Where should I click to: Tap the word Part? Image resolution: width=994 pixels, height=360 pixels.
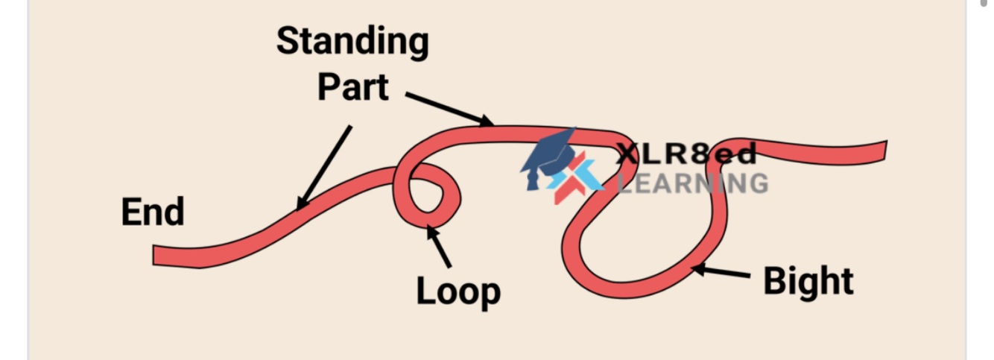coord(352,88)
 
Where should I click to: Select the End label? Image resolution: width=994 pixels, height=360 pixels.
coord(152,212)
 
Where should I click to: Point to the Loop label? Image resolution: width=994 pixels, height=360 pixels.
coord(458,291)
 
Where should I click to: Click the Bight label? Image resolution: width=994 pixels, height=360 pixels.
coord(808,282)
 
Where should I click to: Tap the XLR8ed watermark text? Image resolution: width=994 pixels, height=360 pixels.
coord(686,154)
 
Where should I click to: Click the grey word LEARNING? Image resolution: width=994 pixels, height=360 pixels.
coord(693,183)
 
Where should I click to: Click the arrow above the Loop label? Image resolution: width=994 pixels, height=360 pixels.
coord(439,246)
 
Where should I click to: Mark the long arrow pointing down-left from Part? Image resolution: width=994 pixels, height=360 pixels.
coord(324,168)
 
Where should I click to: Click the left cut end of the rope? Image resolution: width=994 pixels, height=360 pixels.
coord(156,256)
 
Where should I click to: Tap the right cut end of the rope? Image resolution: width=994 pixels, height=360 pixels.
coord(883,151)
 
